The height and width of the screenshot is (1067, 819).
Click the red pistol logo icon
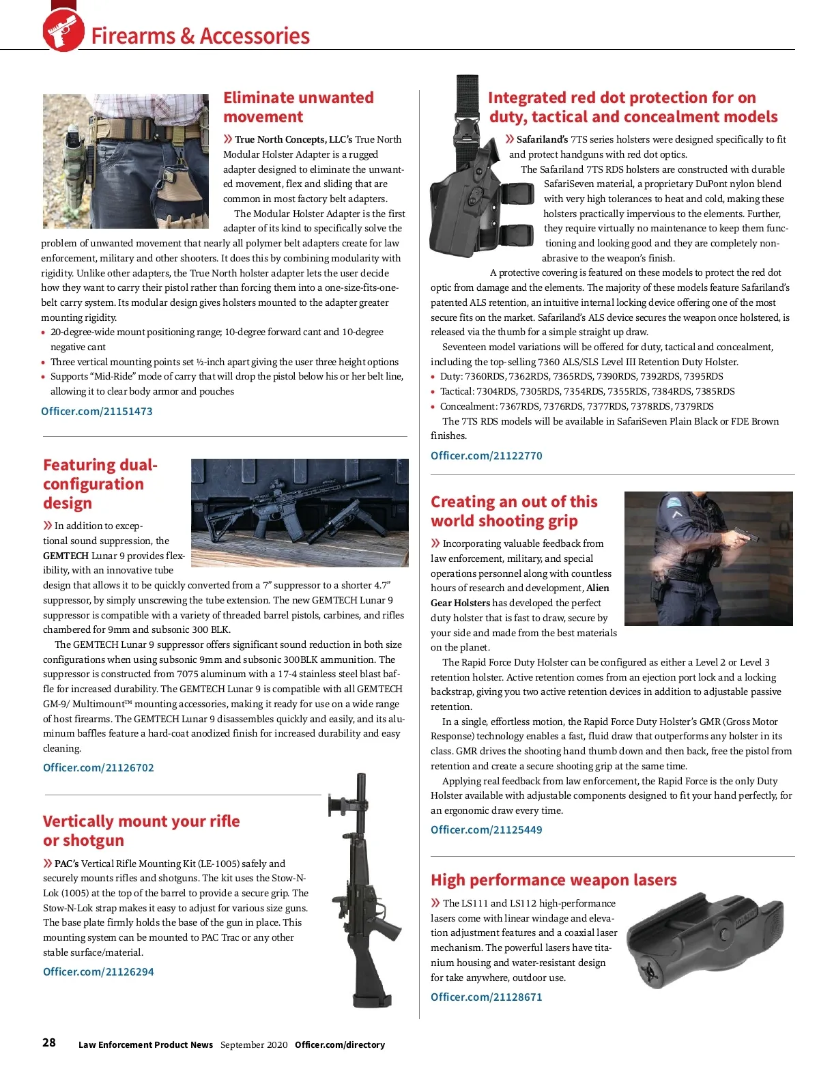coord(63,31)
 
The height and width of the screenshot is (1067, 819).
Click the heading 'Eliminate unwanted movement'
coord(298,107)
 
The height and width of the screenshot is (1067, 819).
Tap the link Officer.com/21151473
coord(96,411)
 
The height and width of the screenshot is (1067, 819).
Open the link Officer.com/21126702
coord(98,767)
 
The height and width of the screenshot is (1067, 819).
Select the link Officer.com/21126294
coord(98,971)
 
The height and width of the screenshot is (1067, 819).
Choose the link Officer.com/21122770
coord(486,455)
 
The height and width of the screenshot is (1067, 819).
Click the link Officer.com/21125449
coord(486,829)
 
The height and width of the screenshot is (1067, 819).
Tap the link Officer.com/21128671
coord(486,997)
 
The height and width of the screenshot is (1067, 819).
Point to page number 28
coord(49,1042)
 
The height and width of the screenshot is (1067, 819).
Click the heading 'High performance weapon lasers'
coord(554,880)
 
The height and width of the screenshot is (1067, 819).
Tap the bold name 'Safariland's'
coord(542,139)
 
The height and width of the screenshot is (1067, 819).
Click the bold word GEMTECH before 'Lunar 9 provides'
coord(66,556)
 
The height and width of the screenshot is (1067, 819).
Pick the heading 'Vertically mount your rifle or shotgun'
coord(141,830)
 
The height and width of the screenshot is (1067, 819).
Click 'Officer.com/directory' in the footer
coord(339,1044)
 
